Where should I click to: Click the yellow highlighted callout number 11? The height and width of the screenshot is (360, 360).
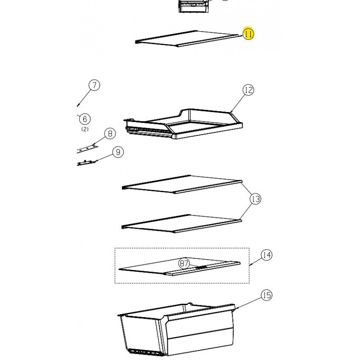click(x=248, y=34)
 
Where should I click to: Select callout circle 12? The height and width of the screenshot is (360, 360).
click(x=248, y=90)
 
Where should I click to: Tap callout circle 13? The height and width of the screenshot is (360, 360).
click(x=256, y=199)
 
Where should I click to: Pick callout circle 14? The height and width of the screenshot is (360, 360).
click(x=266, y=255)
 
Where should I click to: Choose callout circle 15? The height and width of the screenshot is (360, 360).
click(x=266, y=295)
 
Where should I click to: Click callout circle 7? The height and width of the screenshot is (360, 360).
click(x=94, y=85)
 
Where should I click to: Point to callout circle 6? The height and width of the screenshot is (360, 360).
click(x=85, y=119)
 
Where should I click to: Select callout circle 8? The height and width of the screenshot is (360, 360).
click(x=110, y=133)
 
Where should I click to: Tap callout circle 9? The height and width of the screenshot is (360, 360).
click(x=118, y=152)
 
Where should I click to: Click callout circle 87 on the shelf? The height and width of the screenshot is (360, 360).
click(x=184, y=263)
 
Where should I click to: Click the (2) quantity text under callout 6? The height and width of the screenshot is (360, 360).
click(x=85, y=129)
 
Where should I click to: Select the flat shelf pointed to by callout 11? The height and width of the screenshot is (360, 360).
click(x=188, y=39)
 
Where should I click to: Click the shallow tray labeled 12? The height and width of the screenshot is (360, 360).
click(x=183, y=124)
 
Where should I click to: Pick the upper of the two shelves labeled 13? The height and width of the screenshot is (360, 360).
click(x=182, y=184)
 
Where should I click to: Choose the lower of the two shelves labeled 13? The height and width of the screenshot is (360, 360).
click(x=181, y=224)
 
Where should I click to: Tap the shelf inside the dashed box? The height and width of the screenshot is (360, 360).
click(x=180, y=266)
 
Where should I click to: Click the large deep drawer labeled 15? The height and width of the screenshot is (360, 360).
click(x=176, y=330)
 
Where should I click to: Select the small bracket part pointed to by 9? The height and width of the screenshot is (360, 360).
click(x=86, y=162)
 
